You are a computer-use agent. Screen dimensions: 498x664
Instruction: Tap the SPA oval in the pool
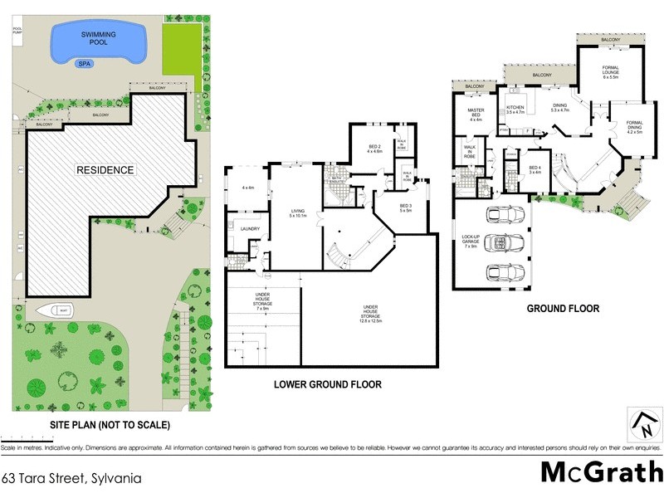click(84, 62)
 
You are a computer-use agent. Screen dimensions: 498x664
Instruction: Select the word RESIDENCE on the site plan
click(105, 170)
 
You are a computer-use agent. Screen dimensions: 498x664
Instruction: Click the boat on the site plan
click(56, 311)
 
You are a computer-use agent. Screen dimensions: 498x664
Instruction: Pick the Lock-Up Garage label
click(471, 243)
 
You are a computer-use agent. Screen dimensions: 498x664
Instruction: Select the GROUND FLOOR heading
click(563, 309)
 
